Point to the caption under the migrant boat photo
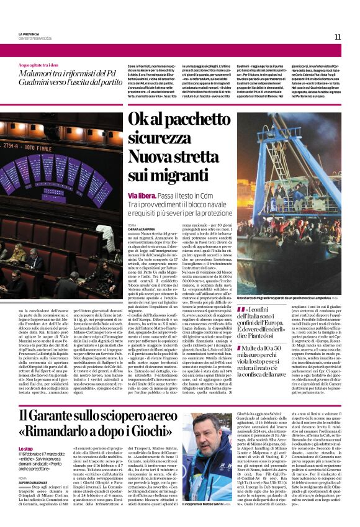tap(286, 299)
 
